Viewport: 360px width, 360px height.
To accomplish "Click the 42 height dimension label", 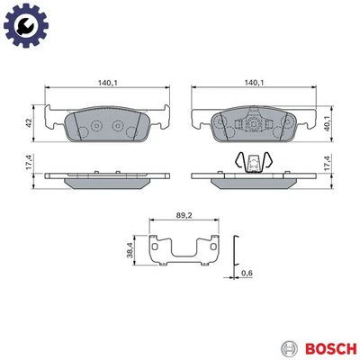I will click(x=29, y=124).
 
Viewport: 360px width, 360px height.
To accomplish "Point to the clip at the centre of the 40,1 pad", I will click(x=255, y=126).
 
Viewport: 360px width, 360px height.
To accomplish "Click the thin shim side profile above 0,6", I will click(x=236, y=251).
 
